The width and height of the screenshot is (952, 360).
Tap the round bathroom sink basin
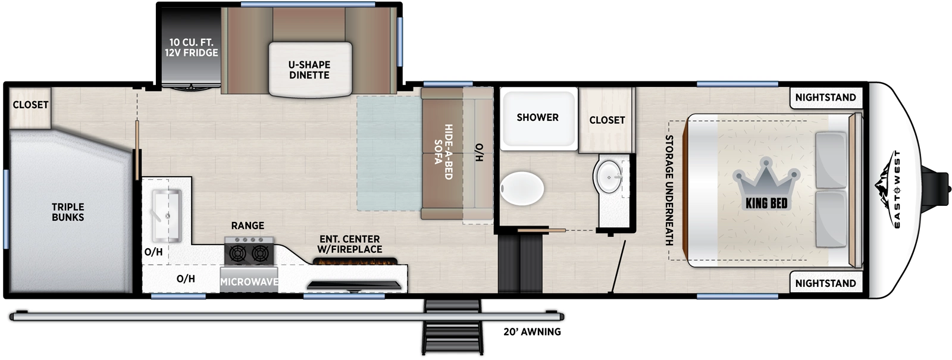point(607,176)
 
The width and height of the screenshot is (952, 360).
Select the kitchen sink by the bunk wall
point(166,214)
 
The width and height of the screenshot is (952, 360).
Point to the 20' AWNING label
point(532,332)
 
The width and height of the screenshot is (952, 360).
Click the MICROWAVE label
point(249,281)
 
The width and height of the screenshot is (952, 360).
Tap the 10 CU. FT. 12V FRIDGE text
point(192,48)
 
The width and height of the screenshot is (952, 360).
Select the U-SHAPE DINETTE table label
point(309,70)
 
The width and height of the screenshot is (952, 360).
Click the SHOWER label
point(537,118)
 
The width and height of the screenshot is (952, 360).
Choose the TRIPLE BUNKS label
point(68,212)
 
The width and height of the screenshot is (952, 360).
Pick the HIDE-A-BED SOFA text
point(443,151)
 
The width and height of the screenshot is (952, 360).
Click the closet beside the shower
point(607,120)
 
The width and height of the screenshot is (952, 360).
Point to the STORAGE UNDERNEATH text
point(669,190)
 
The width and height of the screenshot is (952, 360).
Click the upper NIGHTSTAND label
point(825,98)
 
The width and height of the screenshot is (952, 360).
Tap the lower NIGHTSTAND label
point(825,283)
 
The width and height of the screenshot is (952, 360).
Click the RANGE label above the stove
point(248,226)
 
